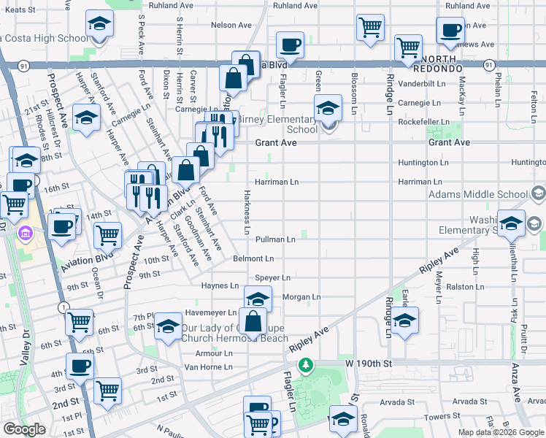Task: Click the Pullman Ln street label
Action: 274,239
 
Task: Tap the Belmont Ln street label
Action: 253,258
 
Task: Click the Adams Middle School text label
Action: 478,195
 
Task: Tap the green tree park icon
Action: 308,364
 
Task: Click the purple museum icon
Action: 26,234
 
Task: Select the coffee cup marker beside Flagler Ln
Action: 290,45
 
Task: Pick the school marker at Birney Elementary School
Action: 328,109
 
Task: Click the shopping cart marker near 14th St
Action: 107,235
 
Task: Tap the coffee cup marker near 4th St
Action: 80,366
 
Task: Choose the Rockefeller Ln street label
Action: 423,122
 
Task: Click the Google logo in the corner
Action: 24,429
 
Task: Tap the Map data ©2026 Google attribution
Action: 501,432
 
